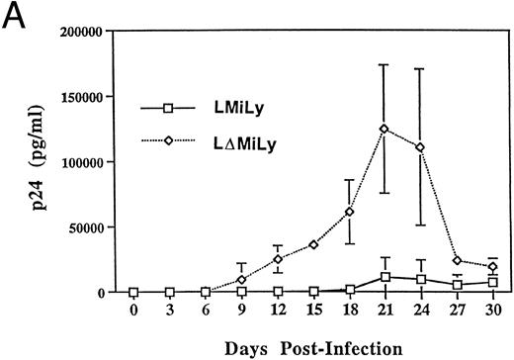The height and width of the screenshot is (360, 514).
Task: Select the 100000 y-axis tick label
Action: tap(82, 162)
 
